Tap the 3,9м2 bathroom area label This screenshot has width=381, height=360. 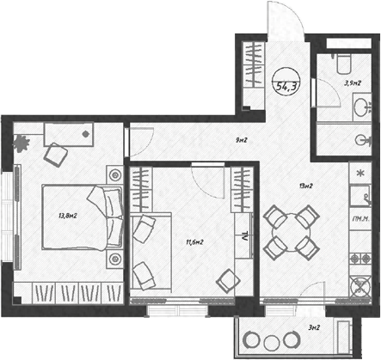(x=352, y=83)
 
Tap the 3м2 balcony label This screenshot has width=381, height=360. (x=314, y=327)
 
